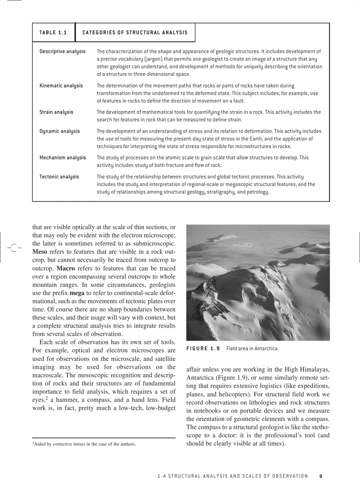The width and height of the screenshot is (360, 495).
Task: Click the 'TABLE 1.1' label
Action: click(53, 33)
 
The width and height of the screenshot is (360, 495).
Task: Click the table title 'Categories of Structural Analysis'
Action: click(135, 33)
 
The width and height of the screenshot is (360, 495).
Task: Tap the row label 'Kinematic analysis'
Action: click(61, 86)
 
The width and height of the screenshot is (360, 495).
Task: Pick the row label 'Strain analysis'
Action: click(56, 112)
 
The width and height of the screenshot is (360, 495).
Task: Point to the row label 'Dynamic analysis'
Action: click(60, 131)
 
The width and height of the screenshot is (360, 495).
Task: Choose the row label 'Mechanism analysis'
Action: click(63, 157)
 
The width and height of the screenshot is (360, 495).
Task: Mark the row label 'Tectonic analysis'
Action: click(59, 176)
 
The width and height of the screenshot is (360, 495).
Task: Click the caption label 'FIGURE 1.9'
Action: click(202, 349)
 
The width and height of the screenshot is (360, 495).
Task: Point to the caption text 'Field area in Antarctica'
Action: click(252, 349)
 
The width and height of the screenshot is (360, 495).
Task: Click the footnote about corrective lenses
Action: click(84, 444)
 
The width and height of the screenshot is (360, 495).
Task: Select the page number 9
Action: click(321, 476)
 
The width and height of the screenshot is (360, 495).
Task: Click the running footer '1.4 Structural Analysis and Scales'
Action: click(232, 476)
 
